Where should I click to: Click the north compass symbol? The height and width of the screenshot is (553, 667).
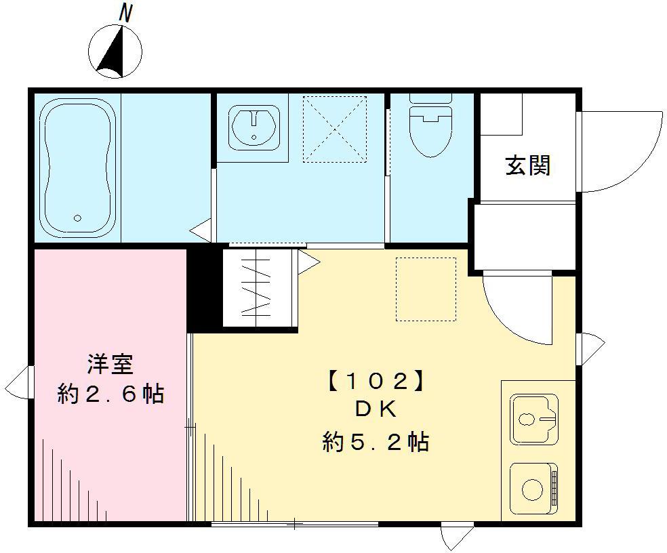pos(115,50)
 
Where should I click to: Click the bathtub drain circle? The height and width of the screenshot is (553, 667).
pos(77,218)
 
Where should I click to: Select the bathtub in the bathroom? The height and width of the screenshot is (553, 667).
pos(77,167)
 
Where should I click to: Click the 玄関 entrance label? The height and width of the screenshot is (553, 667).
pos(527,165)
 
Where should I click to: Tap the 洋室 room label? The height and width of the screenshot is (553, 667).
pos(110,364)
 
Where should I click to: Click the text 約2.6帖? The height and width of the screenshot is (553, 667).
pos(110,394)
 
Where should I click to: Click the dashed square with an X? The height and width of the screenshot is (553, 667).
pos(334,129)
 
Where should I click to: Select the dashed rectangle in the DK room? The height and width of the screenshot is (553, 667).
pos(426,289)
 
